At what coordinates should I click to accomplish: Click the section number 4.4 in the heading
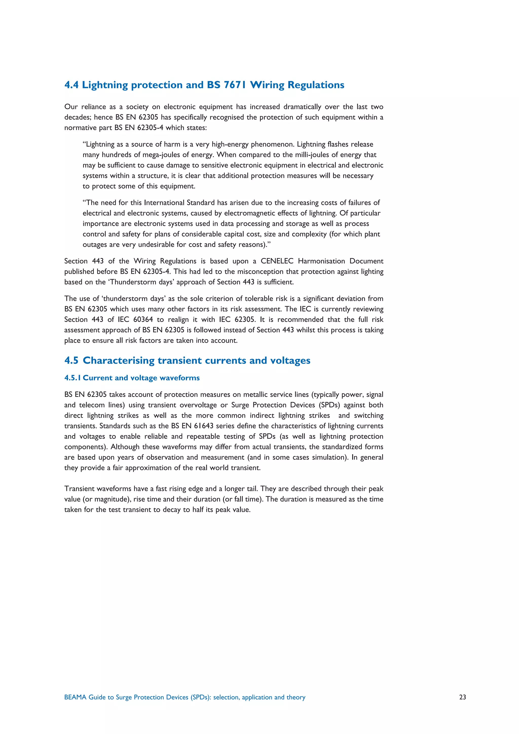(71, 85)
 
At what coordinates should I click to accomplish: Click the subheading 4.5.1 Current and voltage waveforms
(132, 378)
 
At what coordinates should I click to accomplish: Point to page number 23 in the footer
(462, 697)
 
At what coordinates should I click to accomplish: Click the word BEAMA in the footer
(75, 697)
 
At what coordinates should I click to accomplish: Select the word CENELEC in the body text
(277, 261)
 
